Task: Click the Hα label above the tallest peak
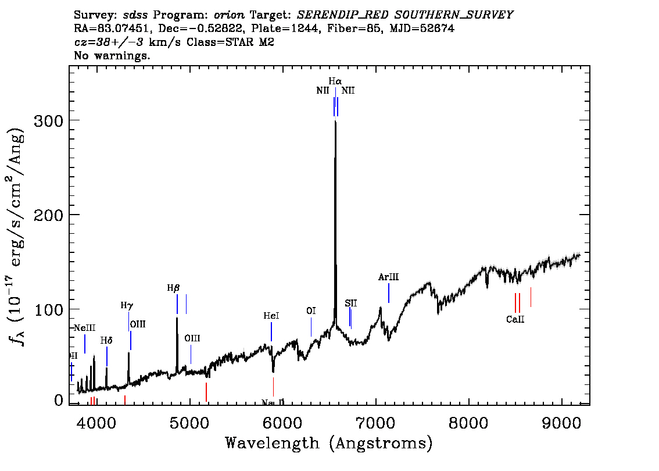[335, 82]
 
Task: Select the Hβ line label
[173, 288]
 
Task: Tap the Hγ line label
[127, 305]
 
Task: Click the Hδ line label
[106, 341]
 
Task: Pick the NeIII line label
[85, 328]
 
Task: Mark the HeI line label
[271, 316]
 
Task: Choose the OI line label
[311, 312]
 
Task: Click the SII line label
[351, 304]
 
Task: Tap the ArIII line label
[388, 277]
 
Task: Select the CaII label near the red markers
[515, 319]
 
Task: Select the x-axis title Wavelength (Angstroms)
[329, 444]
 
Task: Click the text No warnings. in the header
[112, 56]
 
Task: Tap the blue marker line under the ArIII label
[389, 293]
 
